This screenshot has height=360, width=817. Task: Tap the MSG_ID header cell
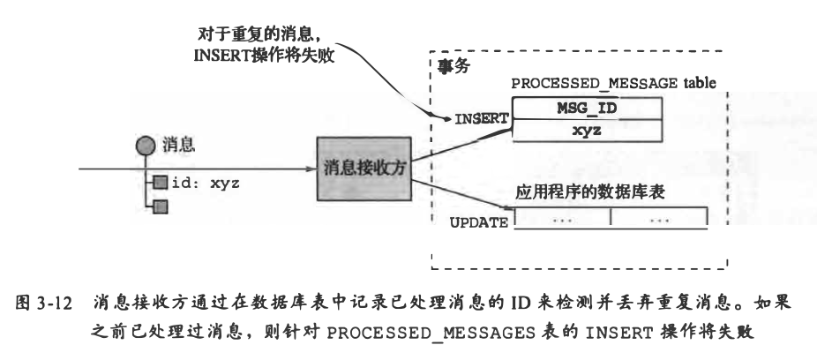pyautogui.click(x=587, y=107)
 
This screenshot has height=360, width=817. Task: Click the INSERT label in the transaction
pyautogui.click(x=481, y=116)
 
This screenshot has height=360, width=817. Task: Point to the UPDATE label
pyautogui.click(x=479, y=223)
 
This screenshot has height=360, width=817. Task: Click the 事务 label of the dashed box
pyautogui.click(x=454, y=66)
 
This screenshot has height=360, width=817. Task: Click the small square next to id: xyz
pyautogui.click(x=160, y=184)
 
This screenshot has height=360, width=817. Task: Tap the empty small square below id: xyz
pyautogui.click(x=160, y=207)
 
